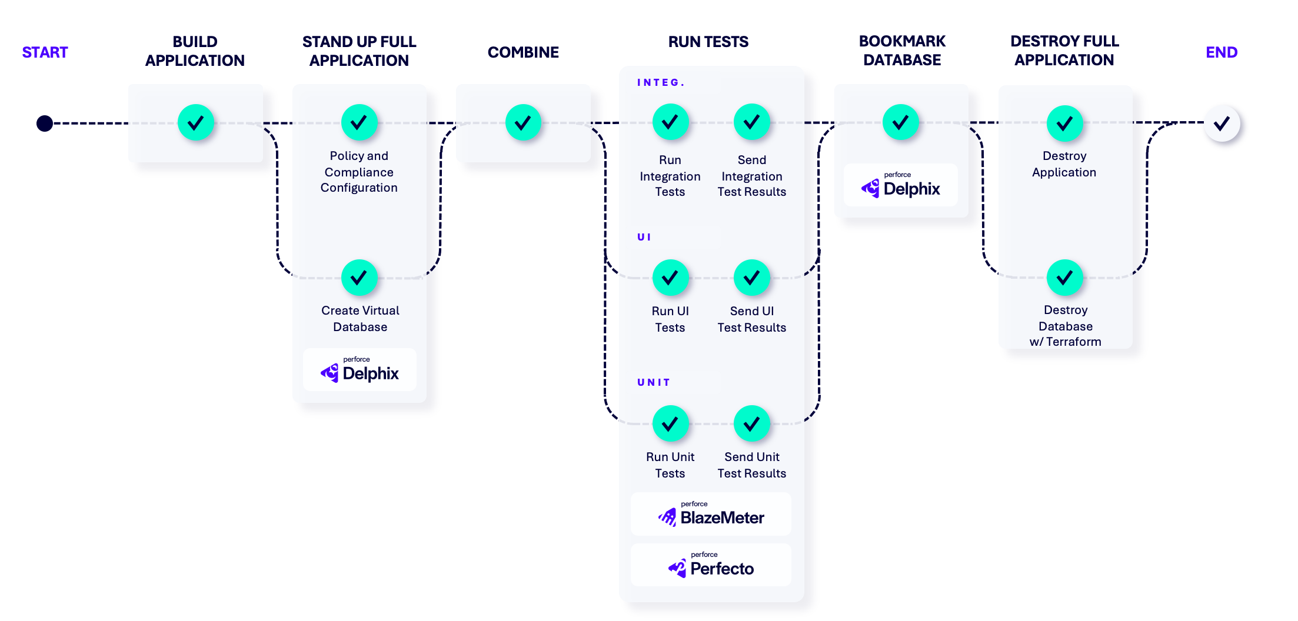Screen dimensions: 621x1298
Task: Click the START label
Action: pyautogui.click(x=45, y=52)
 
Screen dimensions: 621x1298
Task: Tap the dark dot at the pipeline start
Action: pyautogui.click(x=45, y=123)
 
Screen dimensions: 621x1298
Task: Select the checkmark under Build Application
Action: pyautogui.click(x=195, y=122)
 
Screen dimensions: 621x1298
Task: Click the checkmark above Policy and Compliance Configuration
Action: pyautogui.click(x=359, y=122)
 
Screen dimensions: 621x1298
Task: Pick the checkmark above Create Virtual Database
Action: pyautogui.click(x=359, y=278)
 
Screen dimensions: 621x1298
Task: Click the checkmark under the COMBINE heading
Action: pyautogui.click(x=523, y=122)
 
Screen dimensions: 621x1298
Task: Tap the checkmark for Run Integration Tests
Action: pyautogui.click(x=670, y=122)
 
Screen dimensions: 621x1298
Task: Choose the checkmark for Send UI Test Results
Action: pyautogui.click(x=751, y=278)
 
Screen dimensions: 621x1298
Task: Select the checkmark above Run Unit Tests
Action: pyautogui.click(x=670, y=423)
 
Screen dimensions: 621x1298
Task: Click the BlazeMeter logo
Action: pyautogui.click(x=711, y=515)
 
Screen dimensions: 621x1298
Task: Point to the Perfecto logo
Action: pyautogui.click(x=711, y=565)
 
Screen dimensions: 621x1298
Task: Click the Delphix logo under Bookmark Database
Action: pyautogui.click(x=901, y=185)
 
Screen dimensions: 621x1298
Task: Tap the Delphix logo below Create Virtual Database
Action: pyautogui.click(x=360, y=370)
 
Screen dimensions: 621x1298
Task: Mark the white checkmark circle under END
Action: pyautogui.click(x=1222, y=123)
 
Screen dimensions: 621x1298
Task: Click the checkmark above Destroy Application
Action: pyautogui.click(x=1064, y=123)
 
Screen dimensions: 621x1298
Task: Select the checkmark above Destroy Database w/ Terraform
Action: pyautogui.click(x=1064, y=278)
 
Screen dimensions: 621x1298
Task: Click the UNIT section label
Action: pyautogui.click(x=654, y=382)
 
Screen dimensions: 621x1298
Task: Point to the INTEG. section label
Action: pyautogui.click(x=661, y=82)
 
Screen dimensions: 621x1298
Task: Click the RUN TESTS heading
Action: pyautogui.click(x=708, y=42)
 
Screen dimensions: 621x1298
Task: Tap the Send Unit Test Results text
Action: pyautogui.click(x=751, y=465)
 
